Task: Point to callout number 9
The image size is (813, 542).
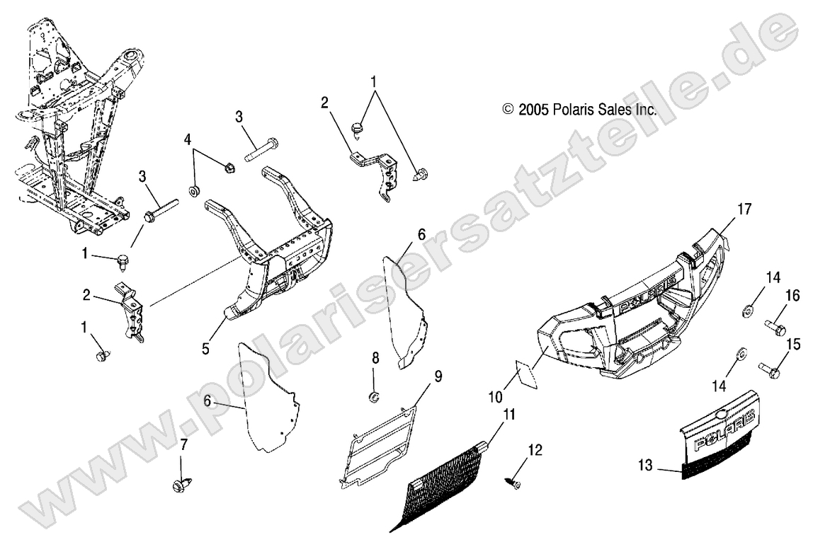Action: click(x=438, y=376)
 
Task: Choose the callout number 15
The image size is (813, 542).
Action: click(x=793, y=345)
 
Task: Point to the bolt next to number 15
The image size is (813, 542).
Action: click(x=769, y=369)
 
